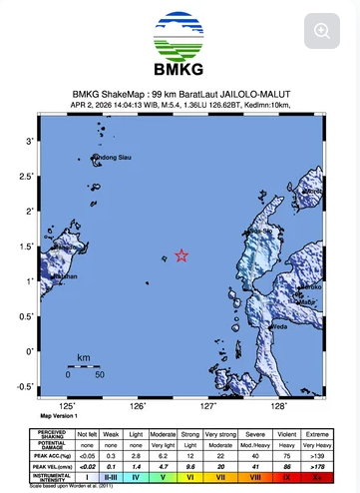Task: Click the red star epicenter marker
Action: tap(181, 255)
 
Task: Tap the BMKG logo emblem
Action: tap(180, 37)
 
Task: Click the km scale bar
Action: tap(84, 365)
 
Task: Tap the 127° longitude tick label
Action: tap(208, 406)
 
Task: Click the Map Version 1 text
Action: tap(59, 415)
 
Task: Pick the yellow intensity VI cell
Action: tap(189, 477)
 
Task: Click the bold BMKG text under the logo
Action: tap(180, 70)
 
